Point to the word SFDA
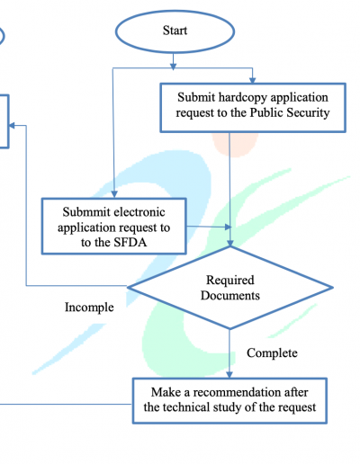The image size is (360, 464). pos(129,242)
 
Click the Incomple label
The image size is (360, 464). pos(89,308)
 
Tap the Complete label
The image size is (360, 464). pos(272,353)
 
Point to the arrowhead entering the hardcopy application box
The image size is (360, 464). pos(252,80)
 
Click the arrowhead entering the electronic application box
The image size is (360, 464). pos(114,194)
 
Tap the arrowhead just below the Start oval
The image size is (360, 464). pos(173,67)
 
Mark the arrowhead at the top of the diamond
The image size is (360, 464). pos(230,242)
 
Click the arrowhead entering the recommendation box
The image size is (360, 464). pos(229,374)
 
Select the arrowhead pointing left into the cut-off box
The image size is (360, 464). pos(12,125)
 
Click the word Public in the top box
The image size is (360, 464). pos(266,113)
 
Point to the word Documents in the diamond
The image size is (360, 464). pos(230,296)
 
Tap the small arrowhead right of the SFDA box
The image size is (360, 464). pos(229,228)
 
